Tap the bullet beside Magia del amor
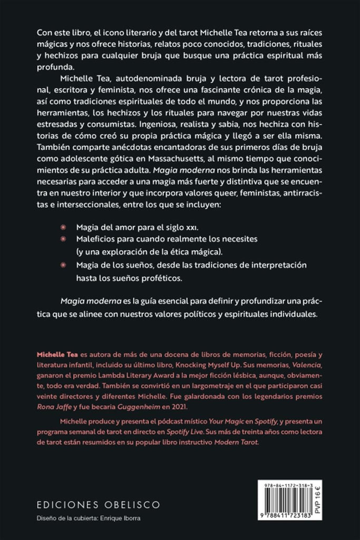click(63, 226)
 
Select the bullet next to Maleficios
click(63, 239)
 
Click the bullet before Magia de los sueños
click(63, 264)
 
